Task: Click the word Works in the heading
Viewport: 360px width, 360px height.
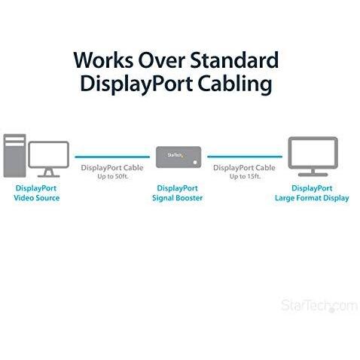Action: [x=103, y=60]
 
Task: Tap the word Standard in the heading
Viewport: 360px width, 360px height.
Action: [x=234, y=59]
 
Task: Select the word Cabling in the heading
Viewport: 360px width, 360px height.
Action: [x=235, y=84]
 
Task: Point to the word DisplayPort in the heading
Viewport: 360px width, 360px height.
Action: [x=136, y=84]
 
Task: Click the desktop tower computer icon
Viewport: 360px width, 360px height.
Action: [x=14, y=155]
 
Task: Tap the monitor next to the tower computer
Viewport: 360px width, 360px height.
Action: [x=48, y=159]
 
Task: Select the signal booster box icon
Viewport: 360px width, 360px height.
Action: [x=178, y=157]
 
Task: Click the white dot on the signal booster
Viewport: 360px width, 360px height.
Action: [x=195, y=162]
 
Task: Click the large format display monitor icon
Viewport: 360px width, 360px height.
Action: [x=313, y=156]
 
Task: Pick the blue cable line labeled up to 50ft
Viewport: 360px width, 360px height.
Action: [x=112, y=157]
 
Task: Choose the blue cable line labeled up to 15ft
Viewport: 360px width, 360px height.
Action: [x=245, y=157]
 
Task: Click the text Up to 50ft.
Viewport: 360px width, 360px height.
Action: [x=113, y=176]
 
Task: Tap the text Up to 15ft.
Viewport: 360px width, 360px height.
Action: [x=245, y=176]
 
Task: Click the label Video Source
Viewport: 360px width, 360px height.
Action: [x=37, y=198]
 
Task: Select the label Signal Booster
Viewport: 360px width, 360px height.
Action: [x=178, y=198]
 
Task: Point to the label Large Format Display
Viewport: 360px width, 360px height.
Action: [x=312, y=198]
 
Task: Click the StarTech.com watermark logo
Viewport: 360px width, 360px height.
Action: [x=319, y=306]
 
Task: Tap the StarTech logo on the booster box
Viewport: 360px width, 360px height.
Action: [x=175, y=155]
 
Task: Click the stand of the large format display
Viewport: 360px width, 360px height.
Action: [x=313, y=172]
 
